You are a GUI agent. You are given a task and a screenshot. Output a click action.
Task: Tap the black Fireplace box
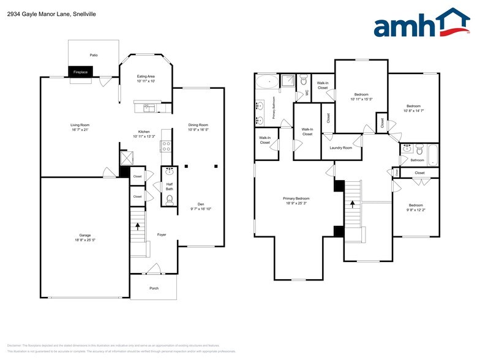click(x=80, y=72)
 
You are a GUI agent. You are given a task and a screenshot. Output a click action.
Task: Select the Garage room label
click(x=84, y=235)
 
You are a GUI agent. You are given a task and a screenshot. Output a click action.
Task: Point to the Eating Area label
click(x=145, y=76)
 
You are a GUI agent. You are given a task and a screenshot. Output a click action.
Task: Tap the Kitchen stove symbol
click(x=165, y=146)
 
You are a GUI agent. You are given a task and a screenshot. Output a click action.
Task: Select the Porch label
click(x=153, y=288)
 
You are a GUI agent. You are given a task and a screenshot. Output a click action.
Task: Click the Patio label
click(x=93, y=55)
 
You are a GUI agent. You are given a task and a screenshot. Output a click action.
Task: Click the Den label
click(x=200, y=204)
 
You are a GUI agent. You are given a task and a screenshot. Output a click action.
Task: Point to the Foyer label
click(x=162, y=234)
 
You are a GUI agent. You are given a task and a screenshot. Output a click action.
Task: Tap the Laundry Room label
click(x=340, y=148)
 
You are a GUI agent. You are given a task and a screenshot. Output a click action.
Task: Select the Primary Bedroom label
click(x=296, y=198)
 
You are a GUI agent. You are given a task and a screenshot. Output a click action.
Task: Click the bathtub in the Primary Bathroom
click(x=266, y=81)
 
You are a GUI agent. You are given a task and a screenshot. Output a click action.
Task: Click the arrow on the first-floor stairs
click(x=138, y=225)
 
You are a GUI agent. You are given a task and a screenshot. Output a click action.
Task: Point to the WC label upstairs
click(x=307, y=93)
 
